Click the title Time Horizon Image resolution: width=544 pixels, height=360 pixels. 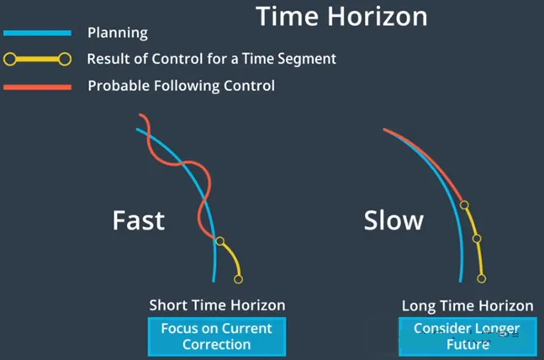click(341, 16)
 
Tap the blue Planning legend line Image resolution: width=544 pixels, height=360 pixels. click(38, 33)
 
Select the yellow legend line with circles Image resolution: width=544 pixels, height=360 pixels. click(38, 60)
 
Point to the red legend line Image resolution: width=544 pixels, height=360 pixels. click(38, 87)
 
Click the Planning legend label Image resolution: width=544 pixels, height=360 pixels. click(118, 33)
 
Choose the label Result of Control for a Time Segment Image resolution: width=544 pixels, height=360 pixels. click(212, 59)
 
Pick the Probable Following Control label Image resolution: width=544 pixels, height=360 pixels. click(182, 86)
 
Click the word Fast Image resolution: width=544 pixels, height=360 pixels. click(139, 220)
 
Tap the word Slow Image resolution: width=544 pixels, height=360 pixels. click(393, 220)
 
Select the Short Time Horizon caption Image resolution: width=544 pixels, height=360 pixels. click(217, 305)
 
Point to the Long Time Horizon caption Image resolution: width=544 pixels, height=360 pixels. click(467, 306)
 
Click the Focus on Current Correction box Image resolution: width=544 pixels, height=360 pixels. click(217, 336)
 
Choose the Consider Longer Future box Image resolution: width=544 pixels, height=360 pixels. click(467, 336)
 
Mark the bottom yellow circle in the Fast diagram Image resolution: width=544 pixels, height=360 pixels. click(238, 279)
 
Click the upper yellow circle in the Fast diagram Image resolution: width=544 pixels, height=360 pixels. click(219, 241)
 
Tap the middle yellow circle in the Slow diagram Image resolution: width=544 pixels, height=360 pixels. click(477, 239)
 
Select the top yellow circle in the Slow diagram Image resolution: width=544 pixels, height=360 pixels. click(464, 205)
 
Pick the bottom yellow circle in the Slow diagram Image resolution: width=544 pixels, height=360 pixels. click(482, 278)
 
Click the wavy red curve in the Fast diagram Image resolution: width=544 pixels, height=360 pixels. click(187, 162)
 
